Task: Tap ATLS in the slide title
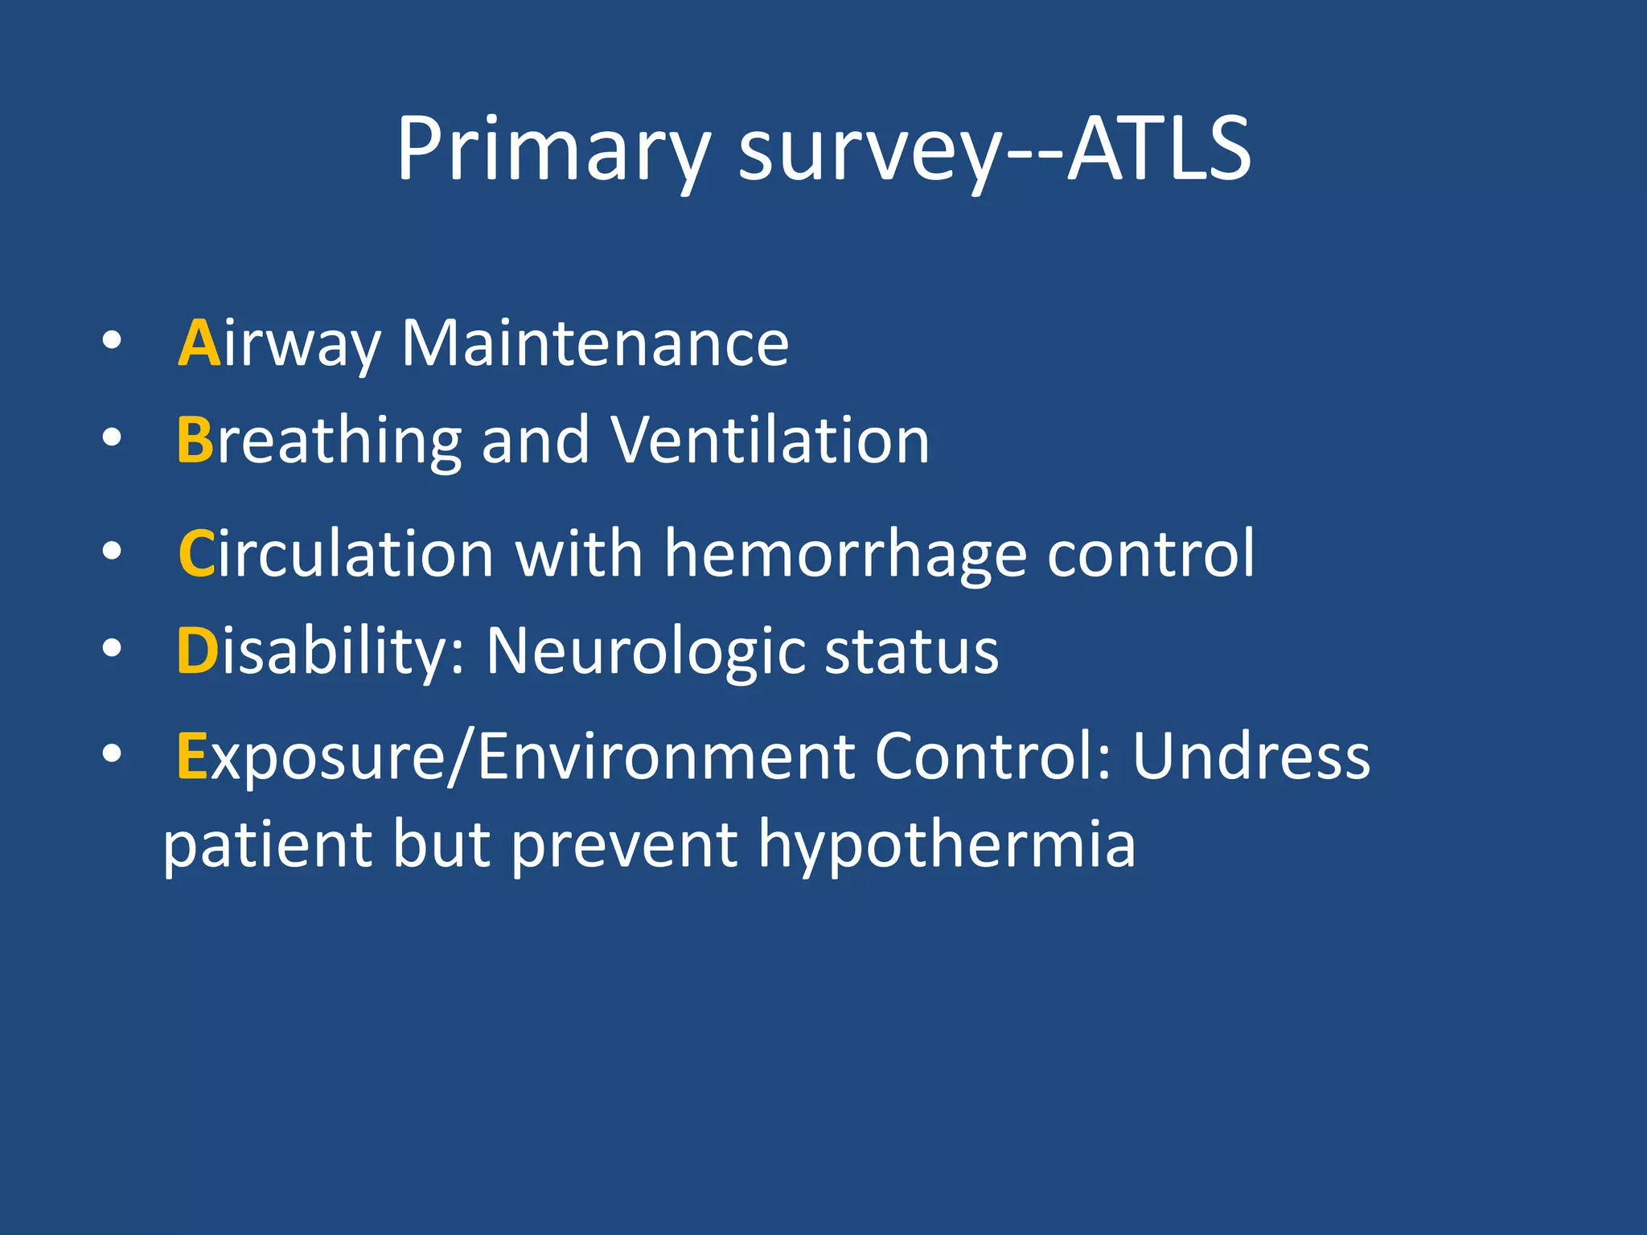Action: coord(1159,150)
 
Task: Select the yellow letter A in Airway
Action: coord(199,343)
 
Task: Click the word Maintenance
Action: coord(595,343)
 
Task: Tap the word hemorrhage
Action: coord(845,555)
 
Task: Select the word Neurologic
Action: coord(644,651)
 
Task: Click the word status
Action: coord(912,651)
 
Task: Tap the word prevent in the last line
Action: coord(624,846)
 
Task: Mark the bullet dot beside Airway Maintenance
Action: coord(112,341)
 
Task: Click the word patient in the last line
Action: coord(268,846)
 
